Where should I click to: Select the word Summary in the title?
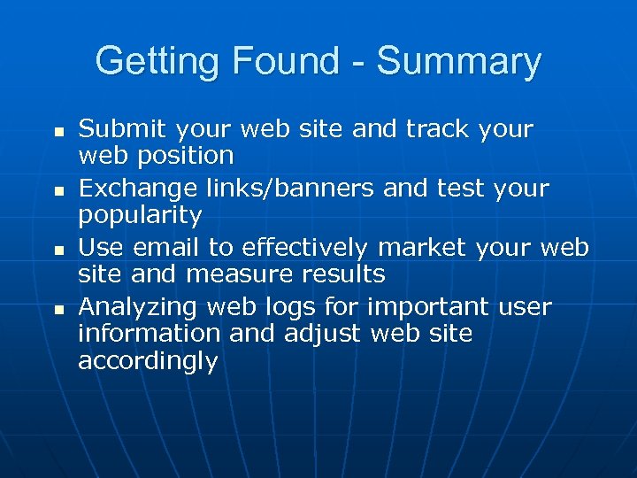coord(457,62)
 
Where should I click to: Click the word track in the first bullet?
coord(437,129)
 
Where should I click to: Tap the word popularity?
coord(140,216)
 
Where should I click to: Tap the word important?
coord(428,307)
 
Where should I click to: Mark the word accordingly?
coord(148,362)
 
